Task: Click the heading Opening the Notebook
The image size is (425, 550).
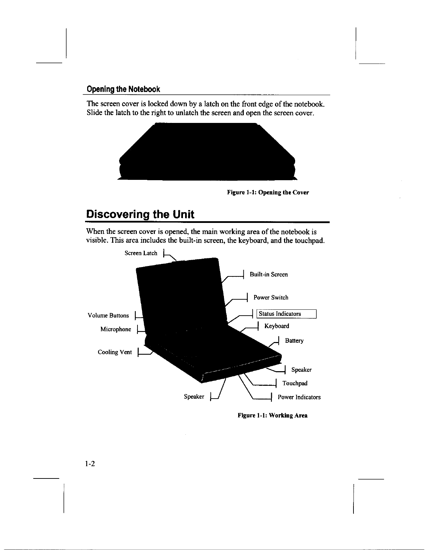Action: point(123,89)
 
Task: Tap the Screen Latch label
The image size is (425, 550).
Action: point(141,253)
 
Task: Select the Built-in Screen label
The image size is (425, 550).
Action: point(269,275)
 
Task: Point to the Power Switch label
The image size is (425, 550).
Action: point(271,298)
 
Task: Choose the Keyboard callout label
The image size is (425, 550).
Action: point(277,326)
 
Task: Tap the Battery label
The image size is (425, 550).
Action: point(294,341)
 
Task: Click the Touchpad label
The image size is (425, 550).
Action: point(295,383)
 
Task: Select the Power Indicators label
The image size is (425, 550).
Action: point(299,397)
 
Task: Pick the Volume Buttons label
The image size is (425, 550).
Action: point(108,316)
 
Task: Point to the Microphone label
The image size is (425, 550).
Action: point(116,329)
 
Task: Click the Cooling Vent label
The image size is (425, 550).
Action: point(115,352)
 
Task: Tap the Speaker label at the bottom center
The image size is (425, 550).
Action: point(194,397)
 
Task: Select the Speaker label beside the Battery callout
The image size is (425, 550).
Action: point(301,370)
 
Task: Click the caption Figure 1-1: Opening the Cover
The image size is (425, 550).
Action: point(268,192)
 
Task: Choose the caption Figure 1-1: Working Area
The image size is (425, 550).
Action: point(273,415)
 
